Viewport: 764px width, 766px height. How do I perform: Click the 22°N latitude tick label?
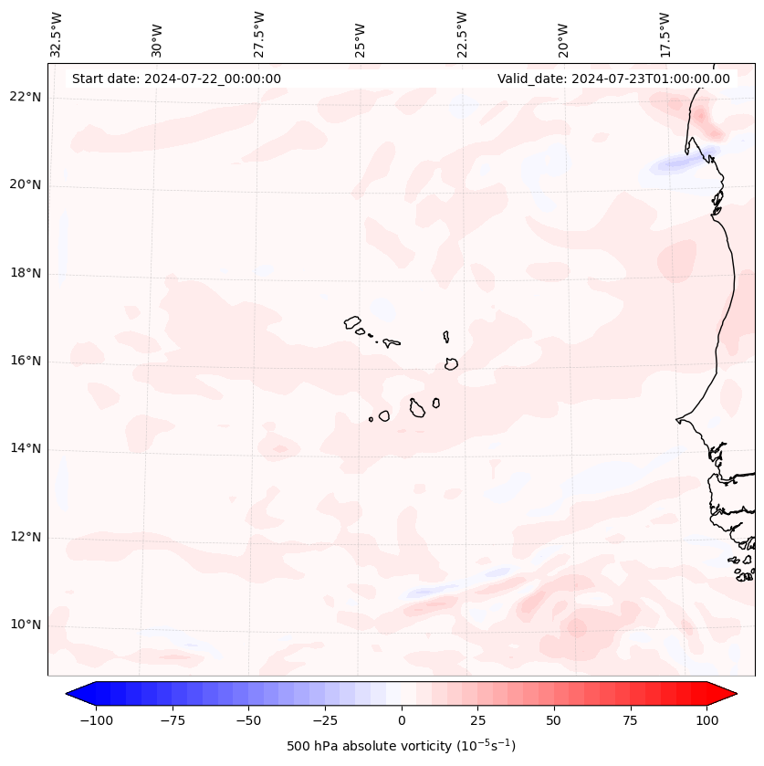tap(26, 97)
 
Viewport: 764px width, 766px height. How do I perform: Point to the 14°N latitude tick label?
tap(26, 448)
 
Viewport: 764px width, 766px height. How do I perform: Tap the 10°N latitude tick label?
tap(26, 624)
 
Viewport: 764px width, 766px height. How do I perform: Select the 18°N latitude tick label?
tap(26, 273)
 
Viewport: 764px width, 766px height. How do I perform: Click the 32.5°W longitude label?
tap(57, 35)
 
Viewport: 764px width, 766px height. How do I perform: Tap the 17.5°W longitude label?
tap(665, 35)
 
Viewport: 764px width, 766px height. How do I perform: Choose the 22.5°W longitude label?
tap(462, 35)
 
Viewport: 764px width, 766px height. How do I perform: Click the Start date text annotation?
tap(176, 79)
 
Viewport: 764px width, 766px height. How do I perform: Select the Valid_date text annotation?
tap(613, 79)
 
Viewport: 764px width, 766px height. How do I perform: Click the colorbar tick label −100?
tap(97, 720)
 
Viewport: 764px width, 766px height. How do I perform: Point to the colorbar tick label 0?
tap(402, 720)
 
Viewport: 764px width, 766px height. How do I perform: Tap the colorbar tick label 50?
tap(553, 720)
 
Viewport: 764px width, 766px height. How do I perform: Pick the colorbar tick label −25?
tap(325, 720)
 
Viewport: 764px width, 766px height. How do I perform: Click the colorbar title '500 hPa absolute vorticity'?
tap(401, 746)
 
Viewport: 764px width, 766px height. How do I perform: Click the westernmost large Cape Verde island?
tap(352, 321)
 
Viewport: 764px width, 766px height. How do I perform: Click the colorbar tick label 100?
tap(706, 720)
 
